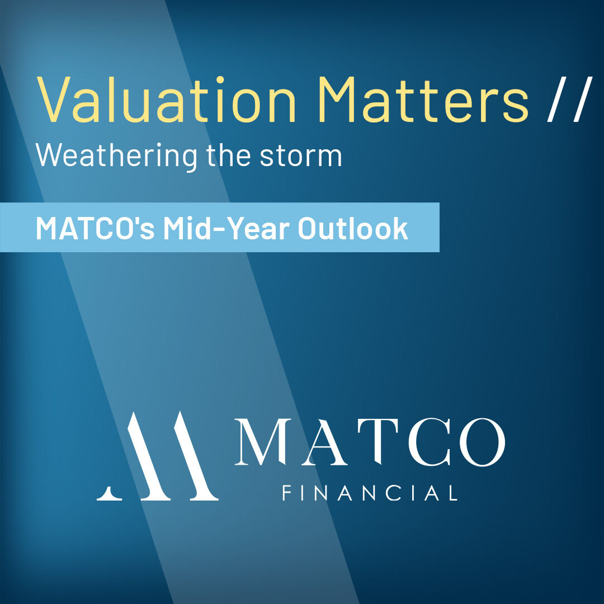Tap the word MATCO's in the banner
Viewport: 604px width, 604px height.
click(95, 228)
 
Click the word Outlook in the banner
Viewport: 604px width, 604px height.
click(352, 228)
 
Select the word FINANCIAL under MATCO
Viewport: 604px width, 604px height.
click(370, 493)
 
